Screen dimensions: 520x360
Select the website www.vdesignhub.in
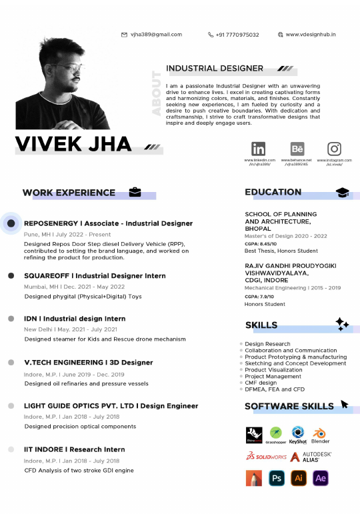[311, 35]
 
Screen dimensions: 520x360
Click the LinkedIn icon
[258, 149]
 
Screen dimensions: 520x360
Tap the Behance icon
[297, 149]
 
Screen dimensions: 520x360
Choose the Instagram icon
[335, 149]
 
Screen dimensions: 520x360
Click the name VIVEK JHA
[73, 144]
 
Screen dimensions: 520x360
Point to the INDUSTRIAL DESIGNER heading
[215, 68]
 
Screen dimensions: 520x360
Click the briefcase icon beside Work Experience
[135, 193]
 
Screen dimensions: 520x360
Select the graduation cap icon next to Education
[342, 193]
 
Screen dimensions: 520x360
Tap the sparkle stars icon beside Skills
[342, 324]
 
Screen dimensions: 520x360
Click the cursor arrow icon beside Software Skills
[345, 404]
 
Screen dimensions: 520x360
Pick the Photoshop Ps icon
[276, 477]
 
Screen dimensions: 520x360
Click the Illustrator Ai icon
[299, 477]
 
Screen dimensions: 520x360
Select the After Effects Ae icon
[321, 477]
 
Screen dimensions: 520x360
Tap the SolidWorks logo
[266, 457]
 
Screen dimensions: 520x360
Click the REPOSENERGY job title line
[108, 223]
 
